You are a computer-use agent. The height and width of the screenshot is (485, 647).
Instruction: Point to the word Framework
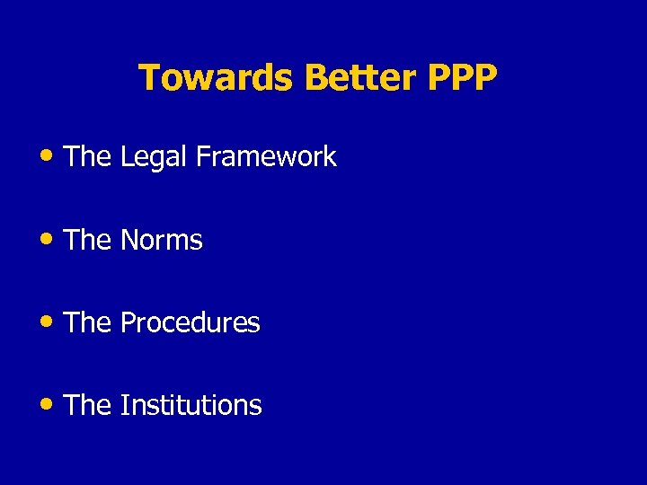266,157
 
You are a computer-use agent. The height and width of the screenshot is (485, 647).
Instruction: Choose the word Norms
161,240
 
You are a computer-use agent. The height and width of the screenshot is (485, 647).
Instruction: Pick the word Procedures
190,322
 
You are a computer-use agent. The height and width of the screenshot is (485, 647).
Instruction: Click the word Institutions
191,405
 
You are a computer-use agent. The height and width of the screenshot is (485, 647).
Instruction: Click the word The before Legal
88,157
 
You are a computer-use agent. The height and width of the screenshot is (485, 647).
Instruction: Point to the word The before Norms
88,240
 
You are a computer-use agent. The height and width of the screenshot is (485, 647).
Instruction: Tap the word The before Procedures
88,322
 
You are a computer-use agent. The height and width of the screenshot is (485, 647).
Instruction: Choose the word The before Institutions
88,405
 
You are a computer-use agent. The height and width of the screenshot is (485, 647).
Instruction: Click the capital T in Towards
148,78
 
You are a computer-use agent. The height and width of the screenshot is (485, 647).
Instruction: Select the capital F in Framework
202,157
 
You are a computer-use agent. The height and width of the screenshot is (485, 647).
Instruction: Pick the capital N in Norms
129,240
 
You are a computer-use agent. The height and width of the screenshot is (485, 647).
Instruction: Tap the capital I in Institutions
123,405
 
